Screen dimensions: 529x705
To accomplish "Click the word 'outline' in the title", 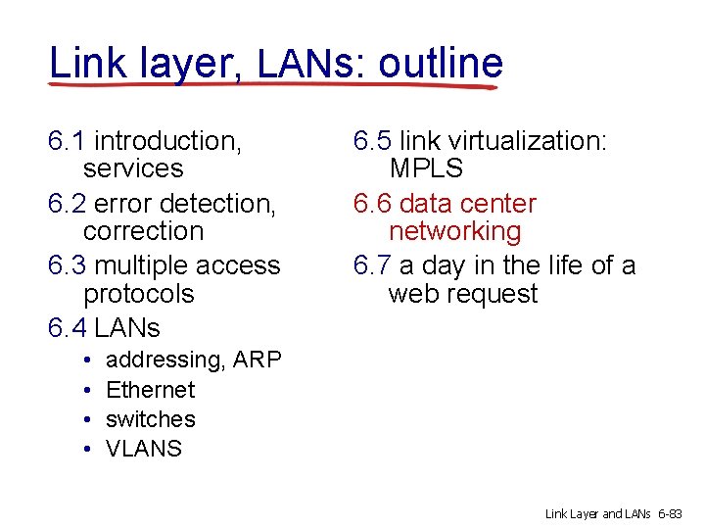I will (441, 64).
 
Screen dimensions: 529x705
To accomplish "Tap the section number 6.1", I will (67, 141).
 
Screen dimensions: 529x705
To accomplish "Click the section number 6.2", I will (67, 204).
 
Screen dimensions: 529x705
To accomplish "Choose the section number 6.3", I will (67, 265).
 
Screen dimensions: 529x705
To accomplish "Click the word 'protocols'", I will (139, 294).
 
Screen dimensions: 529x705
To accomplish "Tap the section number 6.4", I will (67, 327).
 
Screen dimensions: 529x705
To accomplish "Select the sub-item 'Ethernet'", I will (150, 390).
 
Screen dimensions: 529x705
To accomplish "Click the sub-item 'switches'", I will (150, 419).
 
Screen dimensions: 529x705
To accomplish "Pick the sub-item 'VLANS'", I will (144, 449).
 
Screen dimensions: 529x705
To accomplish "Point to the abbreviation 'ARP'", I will (258, 361).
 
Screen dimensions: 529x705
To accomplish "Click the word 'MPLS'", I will (426, 168).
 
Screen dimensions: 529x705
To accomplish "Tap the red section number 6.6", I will (373, 204).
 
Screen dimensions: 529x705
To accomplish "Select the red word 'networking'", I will (455, 232).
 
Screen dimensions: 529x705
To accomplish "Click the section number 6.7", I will (373, 265).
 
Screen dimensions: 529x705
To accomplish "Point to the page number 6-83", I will (675, 513).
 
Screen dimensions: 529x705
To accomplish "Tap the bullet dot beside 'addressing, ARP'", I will (88, 361).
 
